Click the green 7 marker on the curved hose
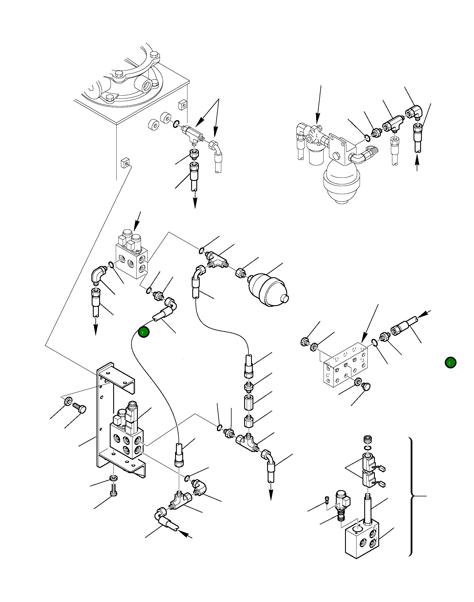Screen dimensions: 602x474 (x=144, y=332)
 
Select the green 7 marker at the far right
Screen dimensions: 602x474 (x=450, y=363)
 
